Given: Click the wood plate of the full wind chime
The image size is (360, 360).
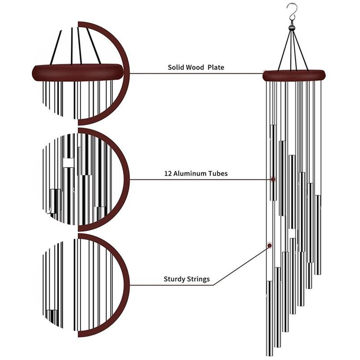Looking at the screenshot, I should pos(294,75).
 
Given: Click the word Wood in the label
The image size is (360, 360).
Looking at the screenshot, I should pos(196,67).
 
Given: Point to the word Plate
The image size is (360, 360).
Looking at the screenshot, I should pos(216,67).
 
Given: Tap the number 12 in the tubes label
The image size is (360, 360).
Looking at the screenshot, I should pos(168,174).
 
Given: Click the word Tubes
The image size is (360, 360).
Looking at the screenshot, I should pos(218,174).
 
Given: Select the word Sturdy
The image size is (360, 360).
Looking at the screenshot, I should pos(174,279).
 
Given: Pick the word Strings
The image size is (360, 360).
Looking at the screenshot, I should pos(199,279).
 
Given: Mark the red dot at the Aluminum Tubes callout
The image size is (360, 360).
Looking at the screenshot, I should pos(273,179).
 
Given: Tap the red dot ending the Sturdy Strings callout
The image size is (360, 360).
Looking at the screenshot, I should pos(269,246).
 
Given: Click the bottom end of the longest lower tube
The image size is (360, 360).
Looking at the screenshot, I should pos(269,355).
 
